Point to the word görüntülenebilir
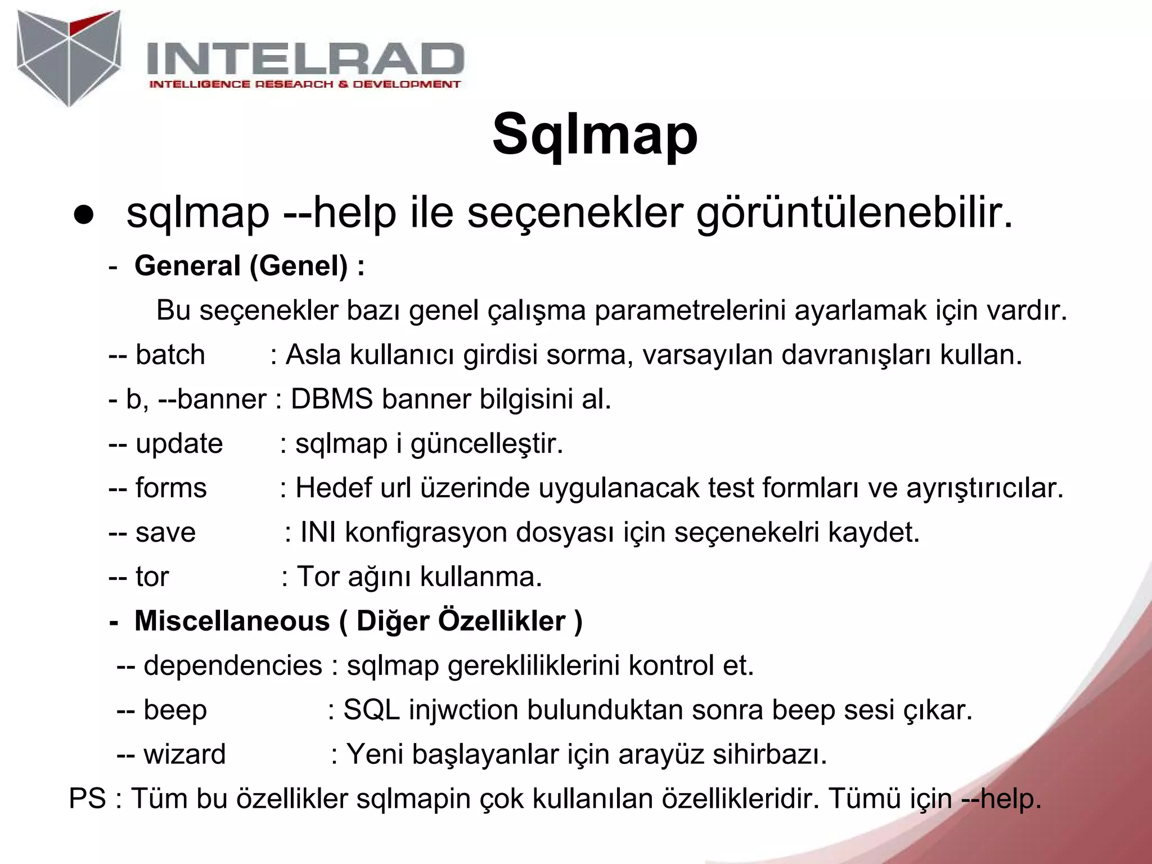click(854, 214)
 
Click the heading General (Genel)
click(249, 265)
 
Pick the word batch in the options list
click(170, 355)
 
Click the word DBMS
click(331, 399)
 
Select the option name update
click(179, 444)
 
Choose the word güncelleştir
click(487, 444)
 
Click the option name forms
click(171, 488)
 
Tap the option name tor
click(152, 577)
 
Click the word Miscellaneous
click(232, 621)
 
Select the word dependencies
click(233, 665)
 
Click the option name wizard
click(184, 754)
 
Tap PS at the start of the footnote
click(87, 799)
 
